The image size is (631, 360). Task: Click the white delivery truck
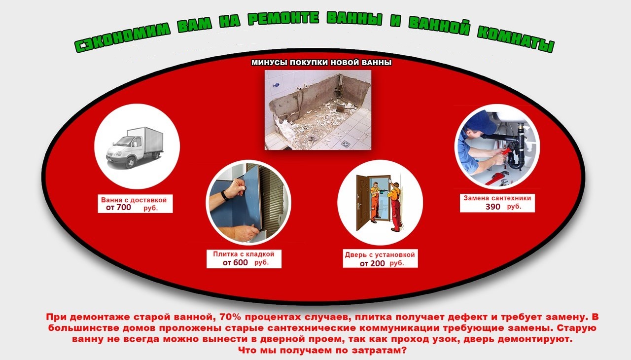[x=135, y=147]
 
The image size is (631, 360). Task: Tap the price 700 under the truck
[x=124, y=207]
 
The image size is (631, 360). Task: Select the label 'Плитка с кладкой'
[x=244, y=254]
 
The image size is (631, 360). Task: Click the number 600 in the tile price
[x=241, y=262]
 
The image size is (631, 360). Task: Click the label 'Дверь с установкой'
[x=380, y=254]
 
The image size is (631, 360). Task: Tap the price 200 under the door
[x=378, y=263]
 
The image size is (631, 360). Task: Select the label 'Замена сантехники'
[x=497, y=198]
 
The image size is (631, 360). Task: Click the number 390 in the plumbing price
[x=492, y=207]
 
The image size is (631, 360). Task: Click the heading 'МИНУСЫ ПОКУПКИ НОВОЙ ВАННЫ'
[x=321, y=63]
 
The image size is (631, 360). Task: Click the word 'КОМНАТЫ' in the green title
[x=516, y=39]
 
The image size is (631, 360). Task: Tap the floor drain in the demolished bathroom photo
[x=346, y=144]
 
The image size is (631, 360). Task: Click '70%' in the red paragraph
[x=230, y=317]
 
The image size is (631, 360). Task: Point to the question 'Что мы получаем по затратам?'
[x=322, y=351]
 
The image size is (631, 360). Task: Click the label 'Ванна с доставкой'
[x=134, y=200]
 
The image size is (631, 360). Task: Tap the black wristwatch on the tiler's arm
[x=224, y=195]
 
